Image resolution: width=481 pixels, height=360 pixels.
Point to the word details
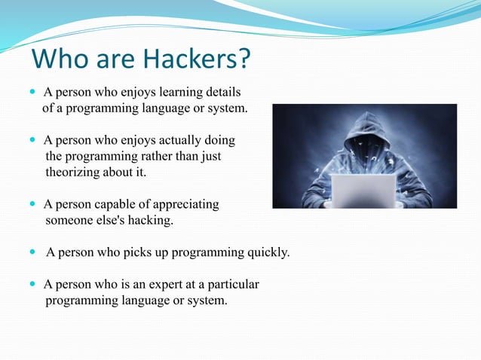click(x=222, y=93)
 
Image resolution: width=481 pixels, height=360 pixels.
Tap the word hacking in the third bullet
click(x=152, y=221)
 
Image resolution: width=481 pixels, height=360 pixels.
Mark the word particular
click(x=232, y=285)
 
